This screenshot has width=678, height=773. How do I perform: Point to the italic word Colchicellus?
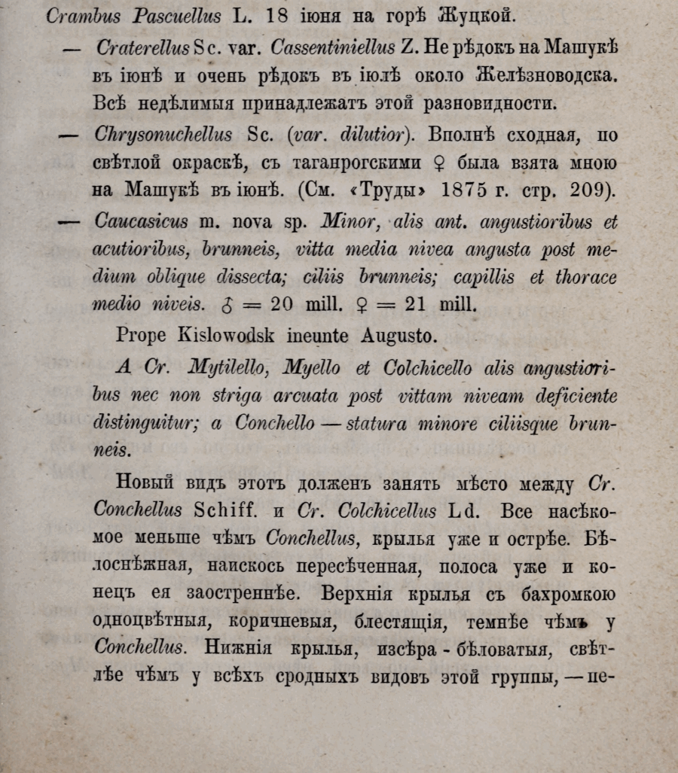pos(383,511)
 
